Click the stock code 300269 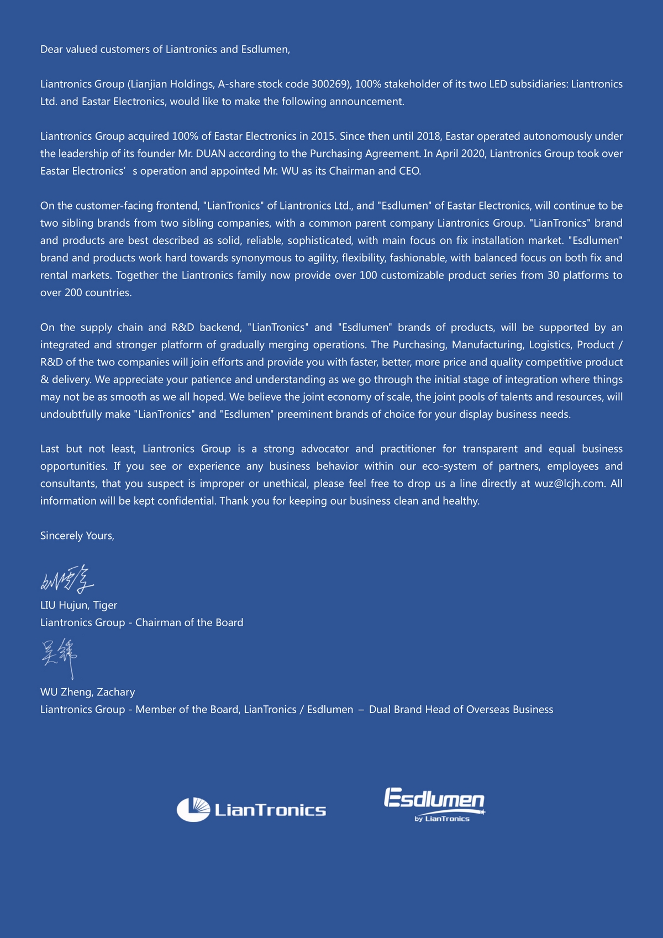[329, 84]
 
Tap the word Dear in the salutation [51, 49]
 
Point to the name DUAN [211, 154]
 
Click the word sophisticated [320, 240]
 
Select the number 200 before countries [73, 292]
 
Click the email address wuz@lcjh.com [569, 484]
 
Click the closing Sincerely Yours [77, 536]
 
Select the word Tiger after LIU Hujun [105, 605]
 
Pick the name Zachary [115, 692]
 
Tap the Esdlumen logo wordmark [434, 799]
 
